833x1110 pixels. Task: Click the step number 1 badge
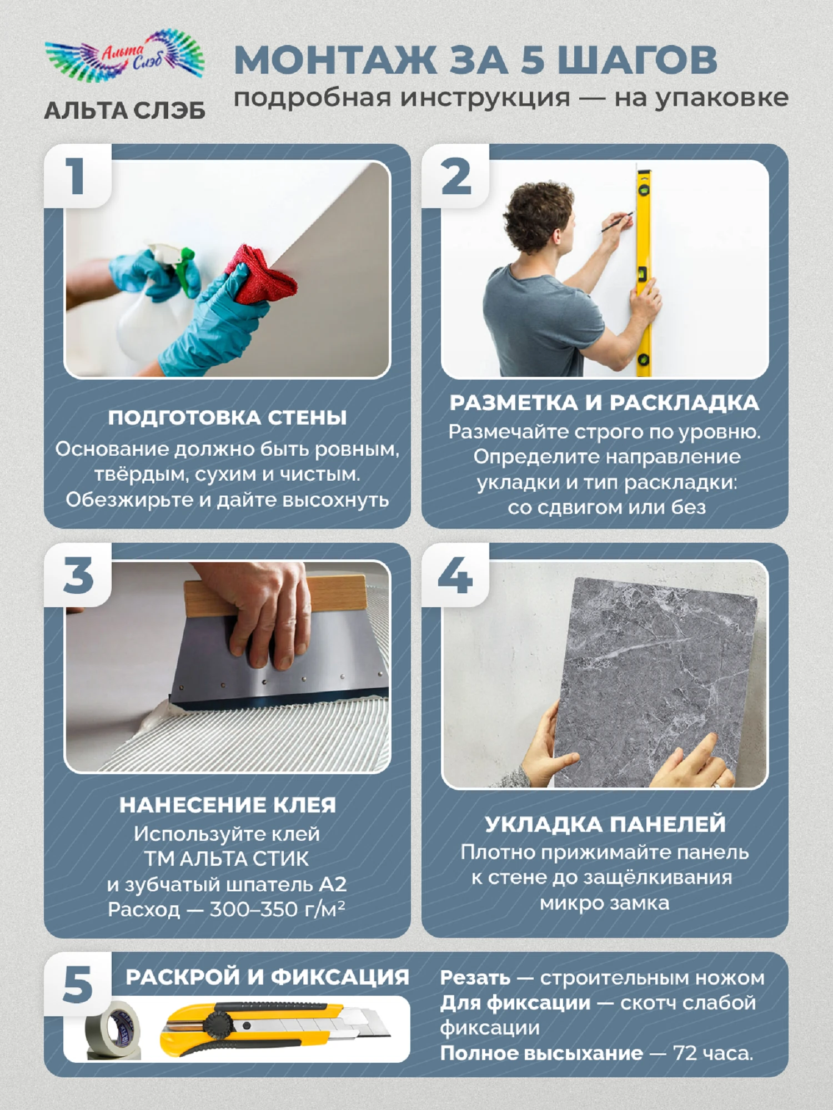77,176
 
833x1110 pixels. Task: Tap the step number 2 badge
455,176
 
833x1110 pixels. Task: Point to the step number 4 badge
455,575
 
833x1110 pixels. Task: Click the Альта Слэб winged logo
125,56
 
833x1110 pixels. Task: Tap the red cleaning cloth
261,275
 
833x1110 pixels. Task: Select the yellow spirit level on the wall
644,272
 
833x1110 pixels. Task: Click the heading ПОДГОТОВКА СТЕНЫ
227,418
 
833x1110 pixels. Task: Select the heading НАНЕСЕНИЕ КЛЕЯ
228,805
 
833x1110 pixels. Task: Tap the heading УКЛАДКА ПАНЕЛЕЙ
605,824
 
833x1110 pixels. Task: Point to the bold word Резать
475,978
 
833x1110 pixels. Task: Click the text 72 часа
713,1053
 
